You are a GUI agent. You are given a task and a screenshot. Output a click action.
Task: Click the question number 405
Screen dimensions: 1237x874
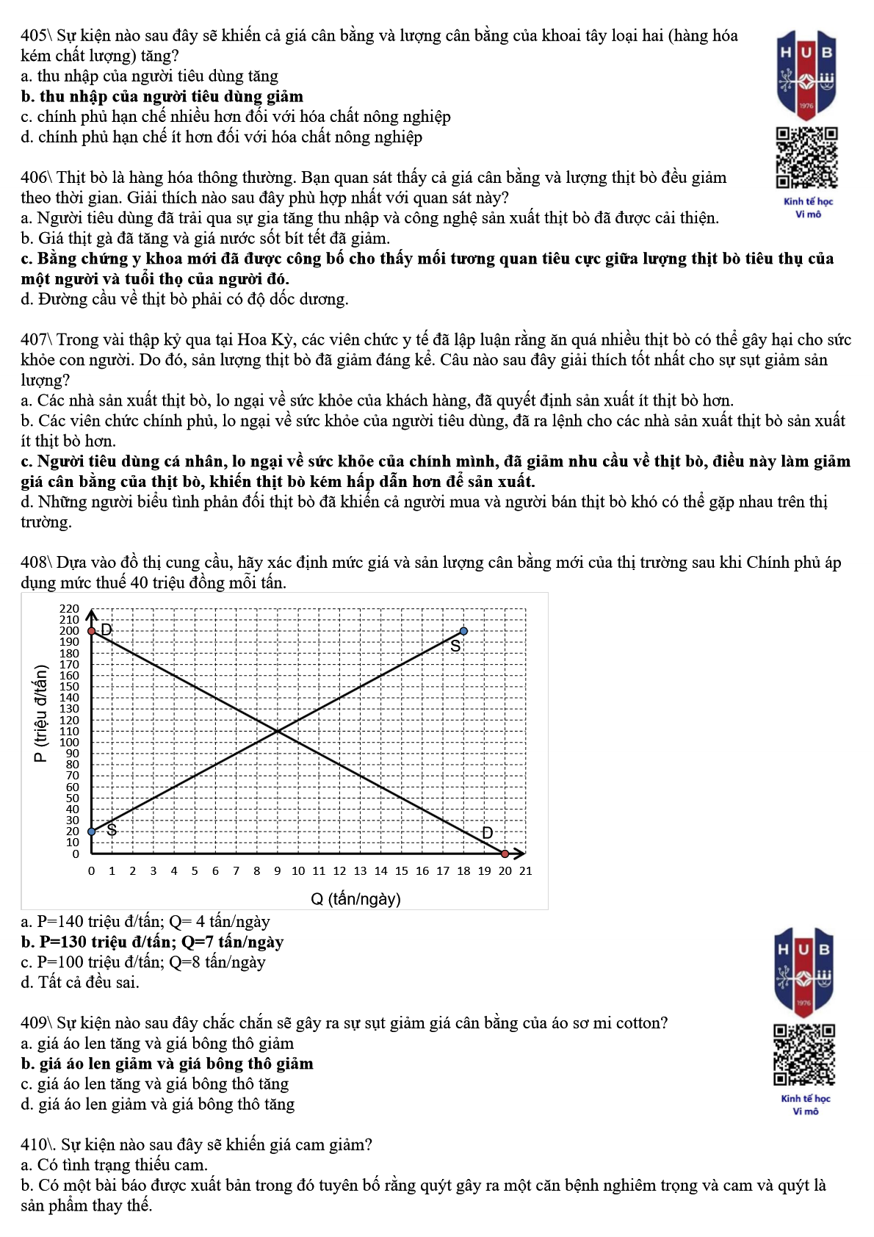pos(34,35)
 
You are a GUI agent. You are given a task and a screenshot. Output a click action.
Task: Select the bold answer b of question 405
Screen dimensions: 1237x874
pos(162,96)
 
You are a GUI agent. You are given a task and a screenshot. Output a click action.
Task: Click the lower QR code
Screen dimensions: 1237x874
pos(805,1055)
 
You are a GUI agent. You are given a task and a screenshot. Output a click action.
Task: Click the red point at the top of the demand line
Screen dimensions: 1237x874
pos(92,631)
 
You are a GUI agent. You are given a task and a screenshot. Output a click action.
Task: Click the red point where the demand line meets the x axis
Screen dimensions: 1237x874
pos(505,854)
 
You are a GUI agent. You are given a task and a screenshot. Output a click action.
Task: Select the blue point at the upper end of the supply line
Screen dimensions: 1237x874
pos(463,631)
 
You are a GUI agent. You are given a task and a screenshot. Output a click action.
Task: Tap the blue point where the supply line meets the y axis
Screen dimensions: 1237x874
pos(92,832)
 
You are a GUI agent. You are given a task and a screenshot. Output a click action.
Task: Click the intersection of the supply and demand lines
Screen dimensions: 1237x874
pos(278,731)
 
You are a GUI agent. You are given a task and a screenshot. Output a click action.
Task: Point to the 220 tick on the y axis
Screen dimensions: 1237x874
pos(69,609)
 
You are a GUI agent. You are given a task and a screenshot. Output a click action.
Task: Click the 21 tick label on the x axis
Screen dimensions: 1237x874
pos(525,871)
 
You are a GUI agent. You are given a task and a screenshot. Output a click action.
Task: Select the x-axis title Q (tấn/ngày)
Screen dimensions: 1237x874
pos(355,899)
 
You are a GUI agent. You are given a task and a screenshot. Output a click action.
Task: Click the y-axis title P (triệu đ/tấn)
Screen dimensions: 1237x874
pos(41,713)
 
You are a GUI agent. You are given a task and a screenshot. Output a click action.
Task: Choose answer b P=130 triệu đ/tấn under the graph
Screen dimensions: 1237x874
pos(152,942)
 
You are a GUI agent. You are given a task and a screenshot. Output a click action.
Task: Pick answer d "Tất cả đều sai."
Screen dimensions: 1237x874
pos(80,982)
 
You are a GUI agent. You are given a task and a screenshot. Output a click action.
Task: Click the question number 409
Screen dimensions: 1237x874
pos(34,1023)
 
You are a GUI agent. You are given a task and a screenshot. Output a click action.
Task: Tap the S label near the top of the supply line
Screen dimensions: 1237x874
pos(455,646)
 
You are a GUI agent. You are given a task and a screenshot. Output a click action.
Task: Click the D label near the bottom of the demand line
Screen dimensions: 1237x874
pos(487,833)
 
